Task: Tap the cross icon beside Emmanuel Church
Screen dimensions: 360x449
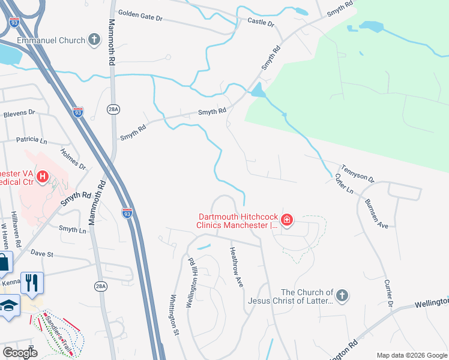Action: click(x=94, y=40)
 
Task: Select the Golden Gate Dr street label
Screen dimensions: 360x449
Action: click(x=140, y=16)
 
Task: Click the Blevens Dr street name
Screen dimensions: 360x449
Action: click(x=20, y=113)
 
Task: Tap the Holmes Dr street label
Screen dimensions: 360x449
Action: click(x=74, y=159)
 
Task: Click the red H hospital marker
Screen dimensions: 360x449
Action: click(x=43, y=176)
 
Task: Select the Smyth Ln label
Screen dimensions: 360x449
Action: click(x=68, y=229)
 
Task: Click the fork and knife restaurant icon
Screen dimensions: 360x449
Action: click(x=32, y=282)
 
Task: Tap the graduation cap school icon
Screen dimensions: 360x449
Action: click(x=8, y=305)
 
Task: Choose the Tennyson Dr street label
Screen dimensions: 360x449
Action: click(x=358, y=175)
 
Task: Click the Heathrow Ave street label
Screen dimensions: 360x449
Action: click(x=237, y=268)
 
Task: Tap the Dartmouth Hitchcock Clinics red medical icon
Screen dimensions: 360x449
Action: click(x=287, y=220)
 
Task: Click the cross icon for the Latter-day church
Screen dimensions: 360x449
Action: click(x=342, y=296)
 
